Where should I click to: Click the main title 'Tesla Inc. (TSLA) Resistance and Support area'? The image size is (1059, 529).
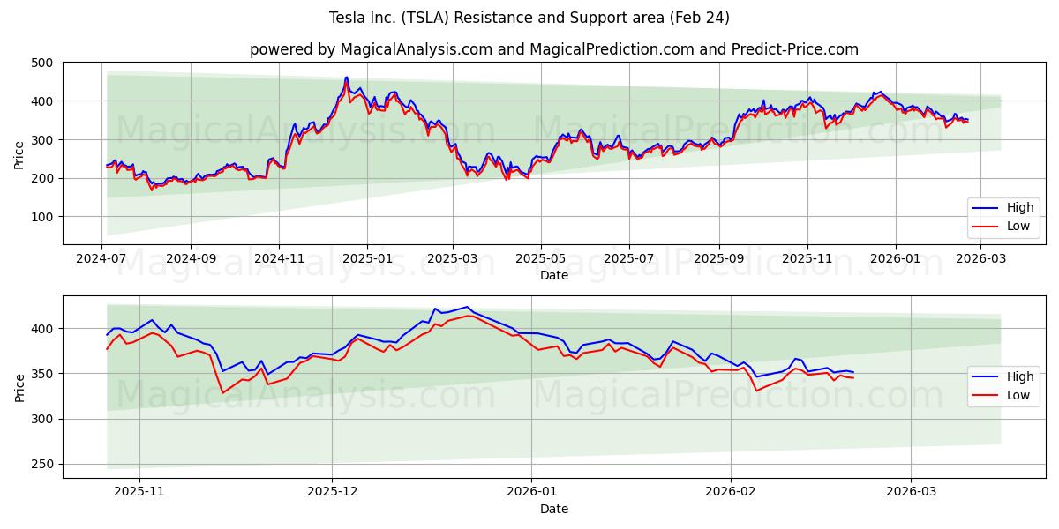(529, 18)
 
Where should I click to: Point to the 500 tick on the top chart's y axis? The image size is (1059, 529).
(41, 63)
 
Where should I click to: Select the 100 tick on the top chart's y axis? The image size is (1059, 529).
(41, 217)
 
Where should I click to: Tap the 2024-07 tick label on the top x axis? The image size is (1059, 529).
(102, 259)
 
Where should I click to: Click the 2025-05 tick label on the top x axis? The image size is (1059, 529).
(540, 259)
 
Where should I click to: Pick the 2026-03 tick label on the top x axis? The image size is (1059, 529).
(980, 259)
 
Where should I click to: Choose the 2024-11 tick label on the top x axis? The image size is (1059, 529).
(279, 259)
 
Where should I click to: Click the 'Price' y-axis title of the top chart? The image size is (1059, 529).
(19, 153)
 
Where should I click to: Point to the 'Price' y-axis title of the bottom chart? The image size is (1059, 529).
(19, 387)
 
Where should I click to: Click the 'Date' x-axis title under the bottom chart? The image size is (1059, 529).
(554, 509)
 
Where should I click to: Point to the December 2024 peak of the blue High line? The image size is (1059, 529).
(346, 78)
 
